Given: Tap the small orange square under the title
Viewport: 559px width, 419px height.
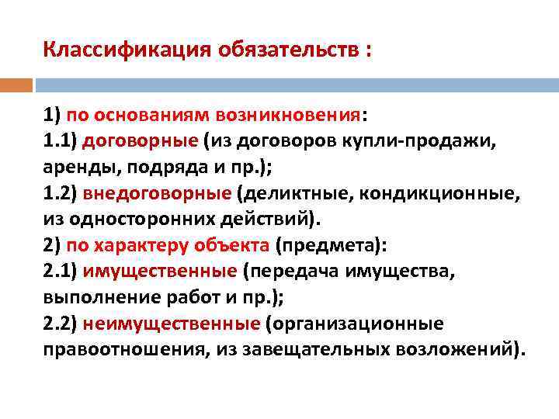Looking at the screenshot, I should point(16,84).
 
